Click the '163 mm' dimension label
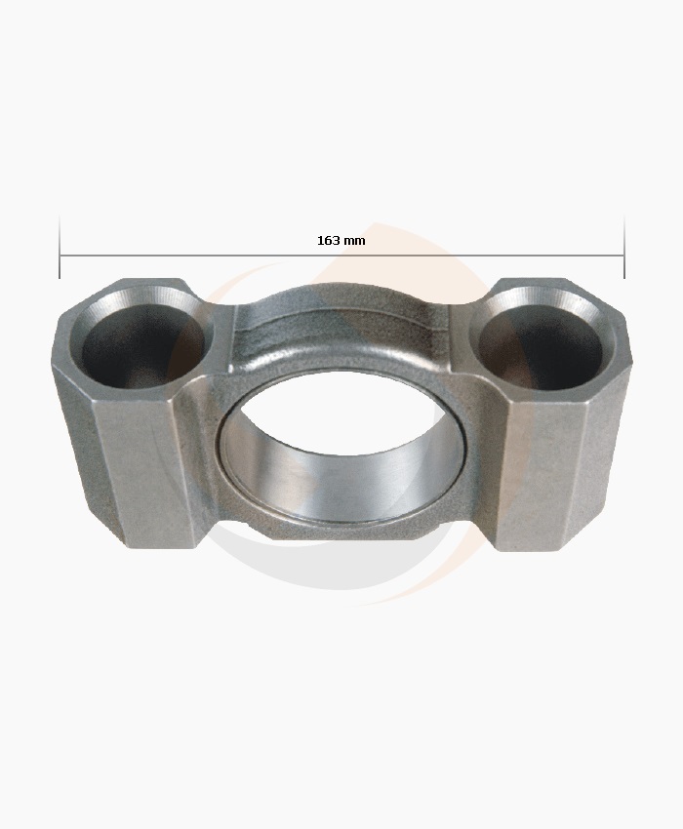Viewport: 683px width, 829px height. pos(341,240)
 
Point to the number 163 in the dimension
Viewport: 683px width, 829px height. pos(329,240)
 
